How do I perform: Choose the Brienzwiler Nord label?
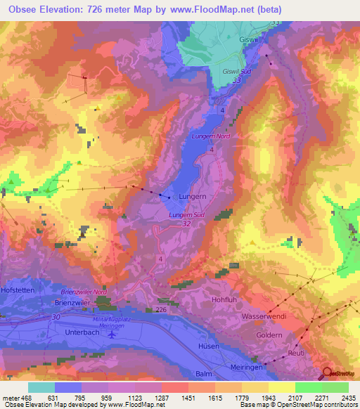click(x=84, y=291)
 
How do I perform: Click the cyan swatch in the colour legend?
click(x=41, y=387)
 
